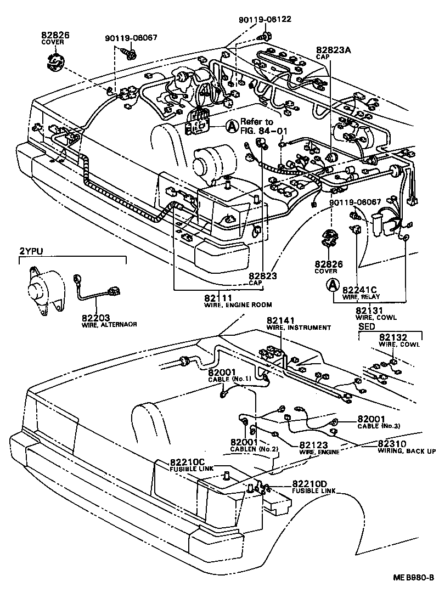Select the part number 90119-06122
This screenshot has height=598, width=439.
tap(264, 19)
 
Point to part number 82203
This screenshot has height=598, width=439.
tap(96, 317)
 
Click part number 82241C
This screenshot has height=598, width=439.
tap(359, 289)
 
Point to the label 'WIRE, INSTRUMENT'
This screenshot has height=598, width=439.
tap(299, 328)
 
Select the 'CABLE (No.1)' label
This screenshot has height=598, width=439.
tap(229, 379)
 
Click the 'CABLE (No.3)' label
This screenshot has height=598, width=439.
tap(379, 426)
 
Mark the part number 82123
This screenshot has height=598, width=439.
tap(314, 445)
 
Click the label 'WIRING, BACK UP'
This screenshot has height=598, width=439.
tap(407, 451)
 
